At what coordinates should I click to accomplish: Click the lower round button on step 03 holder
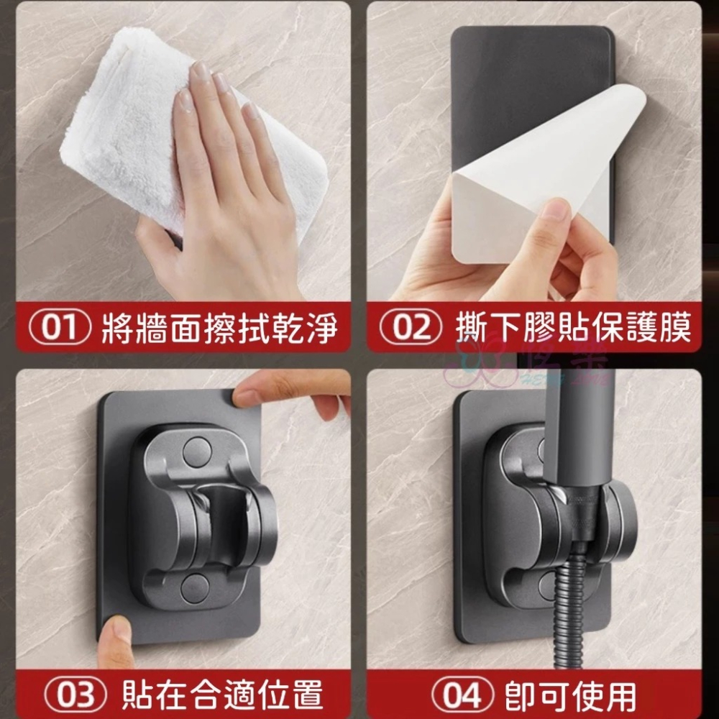point(194,588)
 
